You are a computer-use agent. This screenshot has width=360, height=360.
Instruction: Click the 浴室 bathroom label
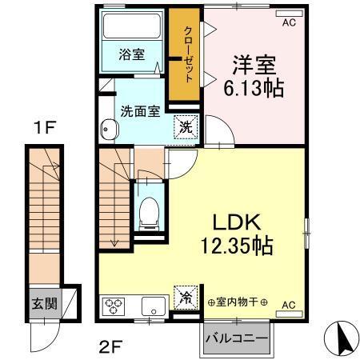pos(132,54)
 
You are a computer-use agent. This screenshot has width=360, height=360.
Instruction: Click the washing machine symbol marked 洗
pos(184,126)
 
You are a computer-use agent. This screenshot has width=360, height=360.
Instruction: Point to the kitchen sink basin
pos(150,305)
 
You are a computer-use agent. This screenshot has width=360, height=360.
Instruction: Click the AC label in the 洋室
pos(288,22)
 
